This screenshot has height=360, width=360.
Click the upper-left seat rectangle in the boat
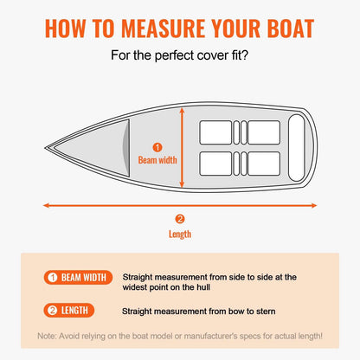pos(215,132)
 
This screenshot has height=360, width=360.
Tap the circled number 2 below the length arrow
pos(180,219)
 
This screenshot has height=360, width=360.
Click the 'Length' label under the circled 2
pos(180,234)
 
